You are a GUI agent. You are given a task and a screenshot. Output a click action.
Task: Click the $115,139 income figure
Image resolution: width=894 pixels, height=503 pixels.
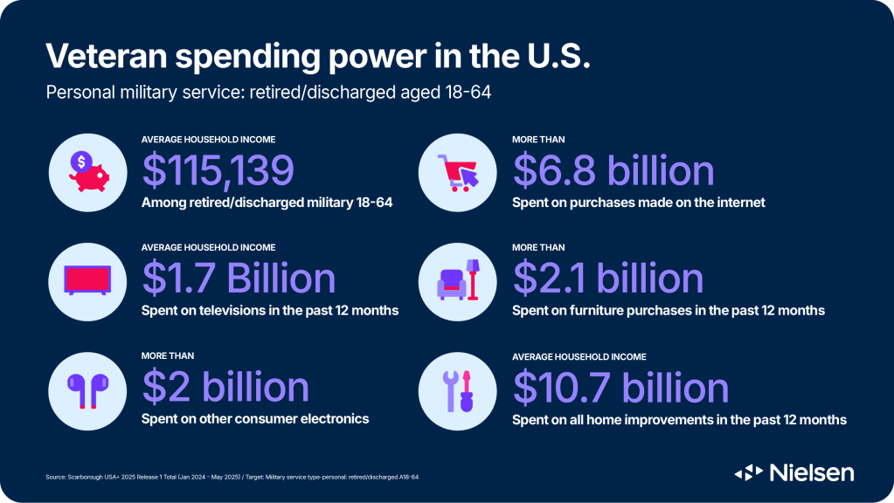pyautogui.click(x=218, y=170)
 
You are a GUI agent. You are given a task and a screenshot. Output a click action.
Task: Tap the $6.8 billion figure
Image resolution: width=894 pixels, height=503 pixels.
pyautogui.click(x=613, y=170)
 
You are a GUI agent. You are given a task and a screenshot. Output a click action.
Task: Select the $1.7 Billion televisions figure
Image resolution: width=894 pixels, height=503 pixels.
pyautogui.click(x=239, y=279)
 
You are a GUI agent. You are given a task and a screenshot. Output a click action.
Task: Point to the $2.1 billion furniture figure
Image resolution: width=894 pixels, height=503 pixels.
pyautogui.click(x=608, y=279)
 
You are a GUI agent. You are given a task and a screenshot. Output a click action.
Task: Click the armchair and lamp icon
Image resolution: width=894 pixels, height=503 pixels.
pyautogui.click(x=460, y=279)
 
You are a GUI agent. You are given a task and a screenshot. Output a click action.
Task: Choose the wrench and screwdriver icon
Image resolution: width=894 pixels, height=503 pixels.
pyautogui.click(x=460, y=389)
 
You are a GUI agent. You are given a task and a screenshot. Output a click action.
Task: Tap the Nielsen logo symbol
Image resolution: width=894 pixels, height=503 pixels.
pyautogui.click(x=749, y=472)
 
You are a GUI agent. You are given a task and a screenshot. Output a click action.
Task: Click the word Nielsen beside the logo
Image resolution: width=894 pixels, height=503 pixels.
pyautogui.click(x=812, y=472)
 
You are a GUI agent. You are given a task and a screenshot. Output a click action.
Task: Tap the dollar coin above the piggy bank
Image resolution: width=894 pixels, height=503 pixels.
pyautogui.click(x=81, y=161)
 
